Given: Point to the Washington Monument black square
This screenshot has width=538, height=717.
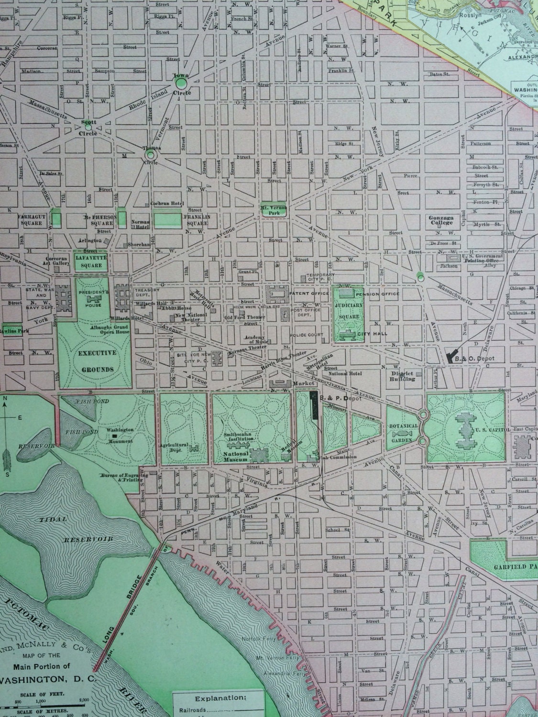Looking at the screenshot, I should point(114,436).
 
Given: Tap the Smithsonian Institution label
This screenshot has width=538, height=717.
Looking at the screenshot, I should point(237,438).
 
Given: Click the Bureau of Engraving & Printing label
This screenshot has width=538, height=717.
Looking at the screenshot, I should point(121,478).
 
